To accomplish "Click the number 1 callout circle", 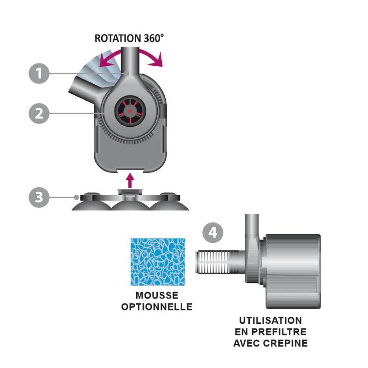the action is [x=39, y=73].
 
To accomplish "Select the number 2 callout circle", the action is [x=39, y=114].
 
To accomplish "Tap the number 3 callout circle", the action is [x=39, y=197].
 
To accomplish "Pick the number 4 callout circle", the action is [x=213, y=233].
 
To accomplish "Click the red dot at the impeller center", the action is [x=130, y=111].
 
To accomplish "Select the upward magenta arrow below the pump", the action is [x=130, y=180].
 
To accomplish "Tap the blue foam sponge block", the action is [x=158, y=262].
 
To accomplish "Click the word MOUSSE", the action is [x=157, y=295].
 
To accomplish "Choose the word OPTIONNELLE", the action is [x=157, y=307].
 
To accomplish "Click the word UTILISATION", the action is [x=270, y=321].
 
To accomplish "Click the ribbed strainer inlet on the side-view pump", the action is [x=217, y=262].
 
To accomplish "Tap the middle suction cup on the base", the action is [x=130, y=204].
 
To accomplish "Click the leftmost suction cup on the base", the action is [x=92, y=203].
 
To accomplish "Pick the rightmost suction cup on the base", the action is [x=169, y=203].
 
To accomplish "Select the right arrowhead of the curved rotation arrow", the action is [x=159, y=60].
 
